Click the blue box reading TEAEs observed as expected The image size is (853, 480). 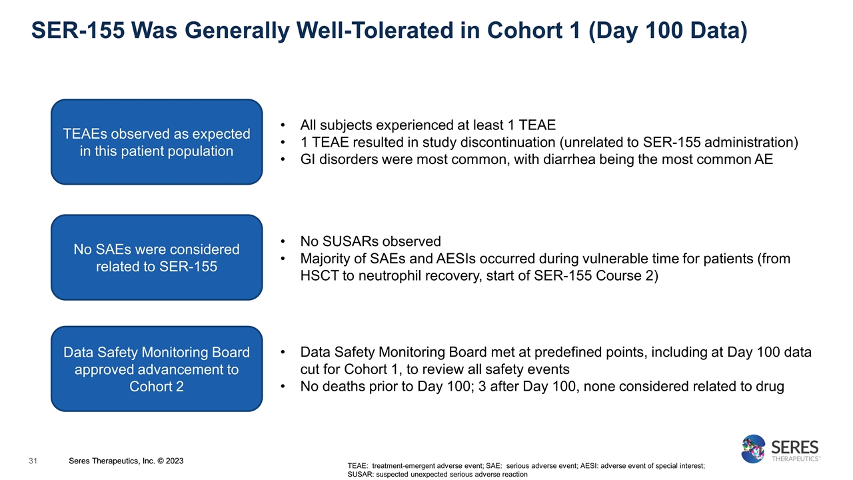click(157, 142)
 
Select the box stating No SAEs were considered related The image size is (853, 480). click(157, 258)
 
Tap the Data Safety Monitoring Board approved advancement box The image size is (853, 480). click(157, 369)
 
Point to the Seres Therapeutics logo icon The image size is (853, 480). click(754, 449)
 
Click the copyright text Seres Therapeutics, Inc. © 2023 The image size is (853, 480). click(127, 461)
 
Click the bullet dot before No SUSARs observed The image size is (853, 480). click(285, 241)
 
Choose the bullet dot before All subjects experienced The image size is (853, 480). click(285, 125)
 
